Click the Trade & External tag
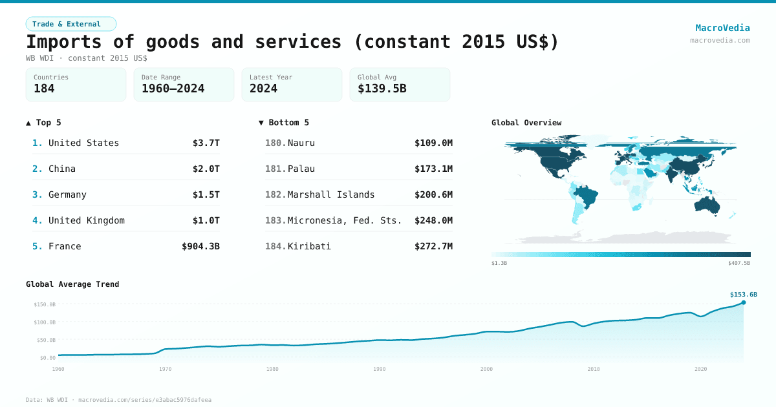pyautogui.click(x=70, y=24)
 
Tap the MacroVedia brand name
pyautogui.click(x=722, y=28)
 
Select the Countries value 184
pyautogui.click(x=44, y=89)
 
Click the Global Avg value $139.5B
pyautogui.click(x=382, y=89)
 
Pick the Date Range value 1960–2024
pyautogui.click(x=173, y=89)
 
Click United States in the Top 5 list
pyautogui.click(x=83, y=143)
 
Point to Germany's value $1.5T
pyautogui.click(x=206, y=194)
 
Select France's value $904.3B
pyautogui.click(x=200, y=246)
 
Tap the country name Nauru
pyautogui.click(x=301, y=143)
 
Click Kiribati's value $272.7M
pyautogui.click(x=433, y=246)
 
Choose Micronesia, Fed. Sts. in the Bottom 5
pyautogui.click(x=344, y=220)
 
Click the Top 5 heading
pyautogui.click(x=43, y=122)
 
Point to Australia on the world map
pyautogui.click(x=711, y=205)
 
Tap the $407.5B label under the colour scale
pyautogui.click(x=738, y=263)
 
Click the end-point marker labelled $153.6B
pyautogui.click(x=743, y=302)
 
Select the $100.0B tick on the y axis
pyautogui.click(x=45, y=322)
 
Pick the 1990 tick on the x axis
pyautogui.click(x=379, y=369)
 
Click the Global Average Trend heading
pyautogui.click(x=72, y=284)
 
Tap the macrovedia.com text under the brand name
pyautogui.click(x=720, y=40)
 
